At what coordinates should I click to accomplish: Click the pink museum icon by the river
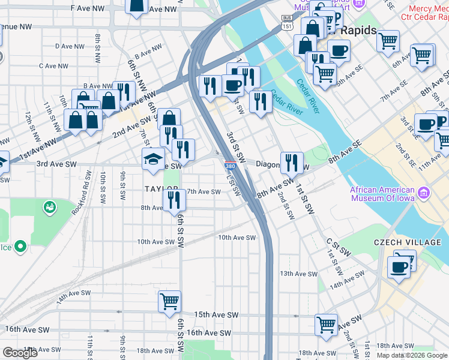425,193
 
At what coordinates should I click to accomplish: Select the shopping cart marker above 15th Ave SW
170,301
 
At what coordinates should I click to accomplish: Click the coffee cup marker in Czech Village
399,266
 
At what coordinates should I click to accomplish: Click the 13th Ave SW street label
298,274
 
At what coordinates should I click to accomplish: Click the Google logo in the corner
20,353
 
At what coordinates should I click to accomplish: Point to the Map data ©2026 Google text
411,355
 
